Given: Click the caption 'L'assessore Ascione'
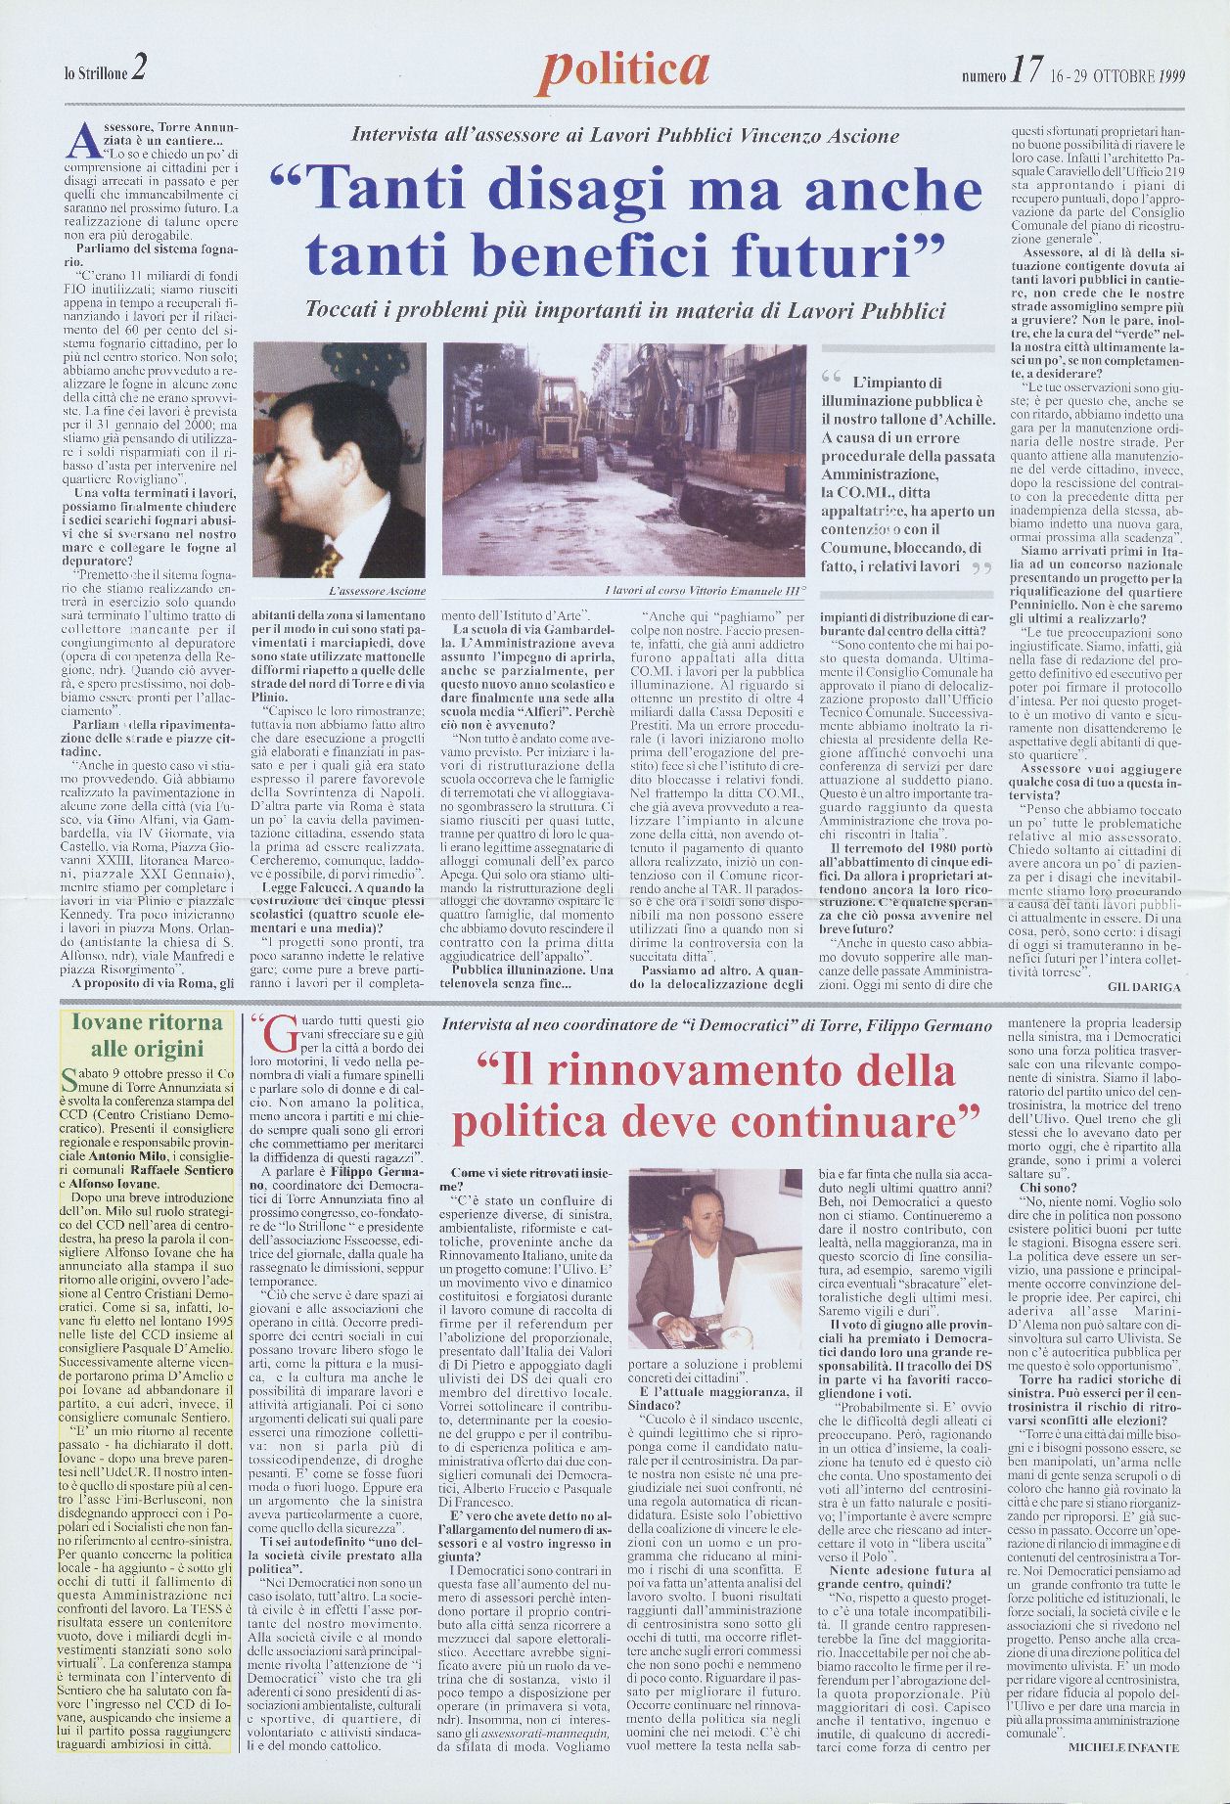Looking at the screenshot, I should pos(376,593).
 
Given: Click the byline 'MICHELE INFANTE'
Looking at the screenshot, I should pos(1124,1747).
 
